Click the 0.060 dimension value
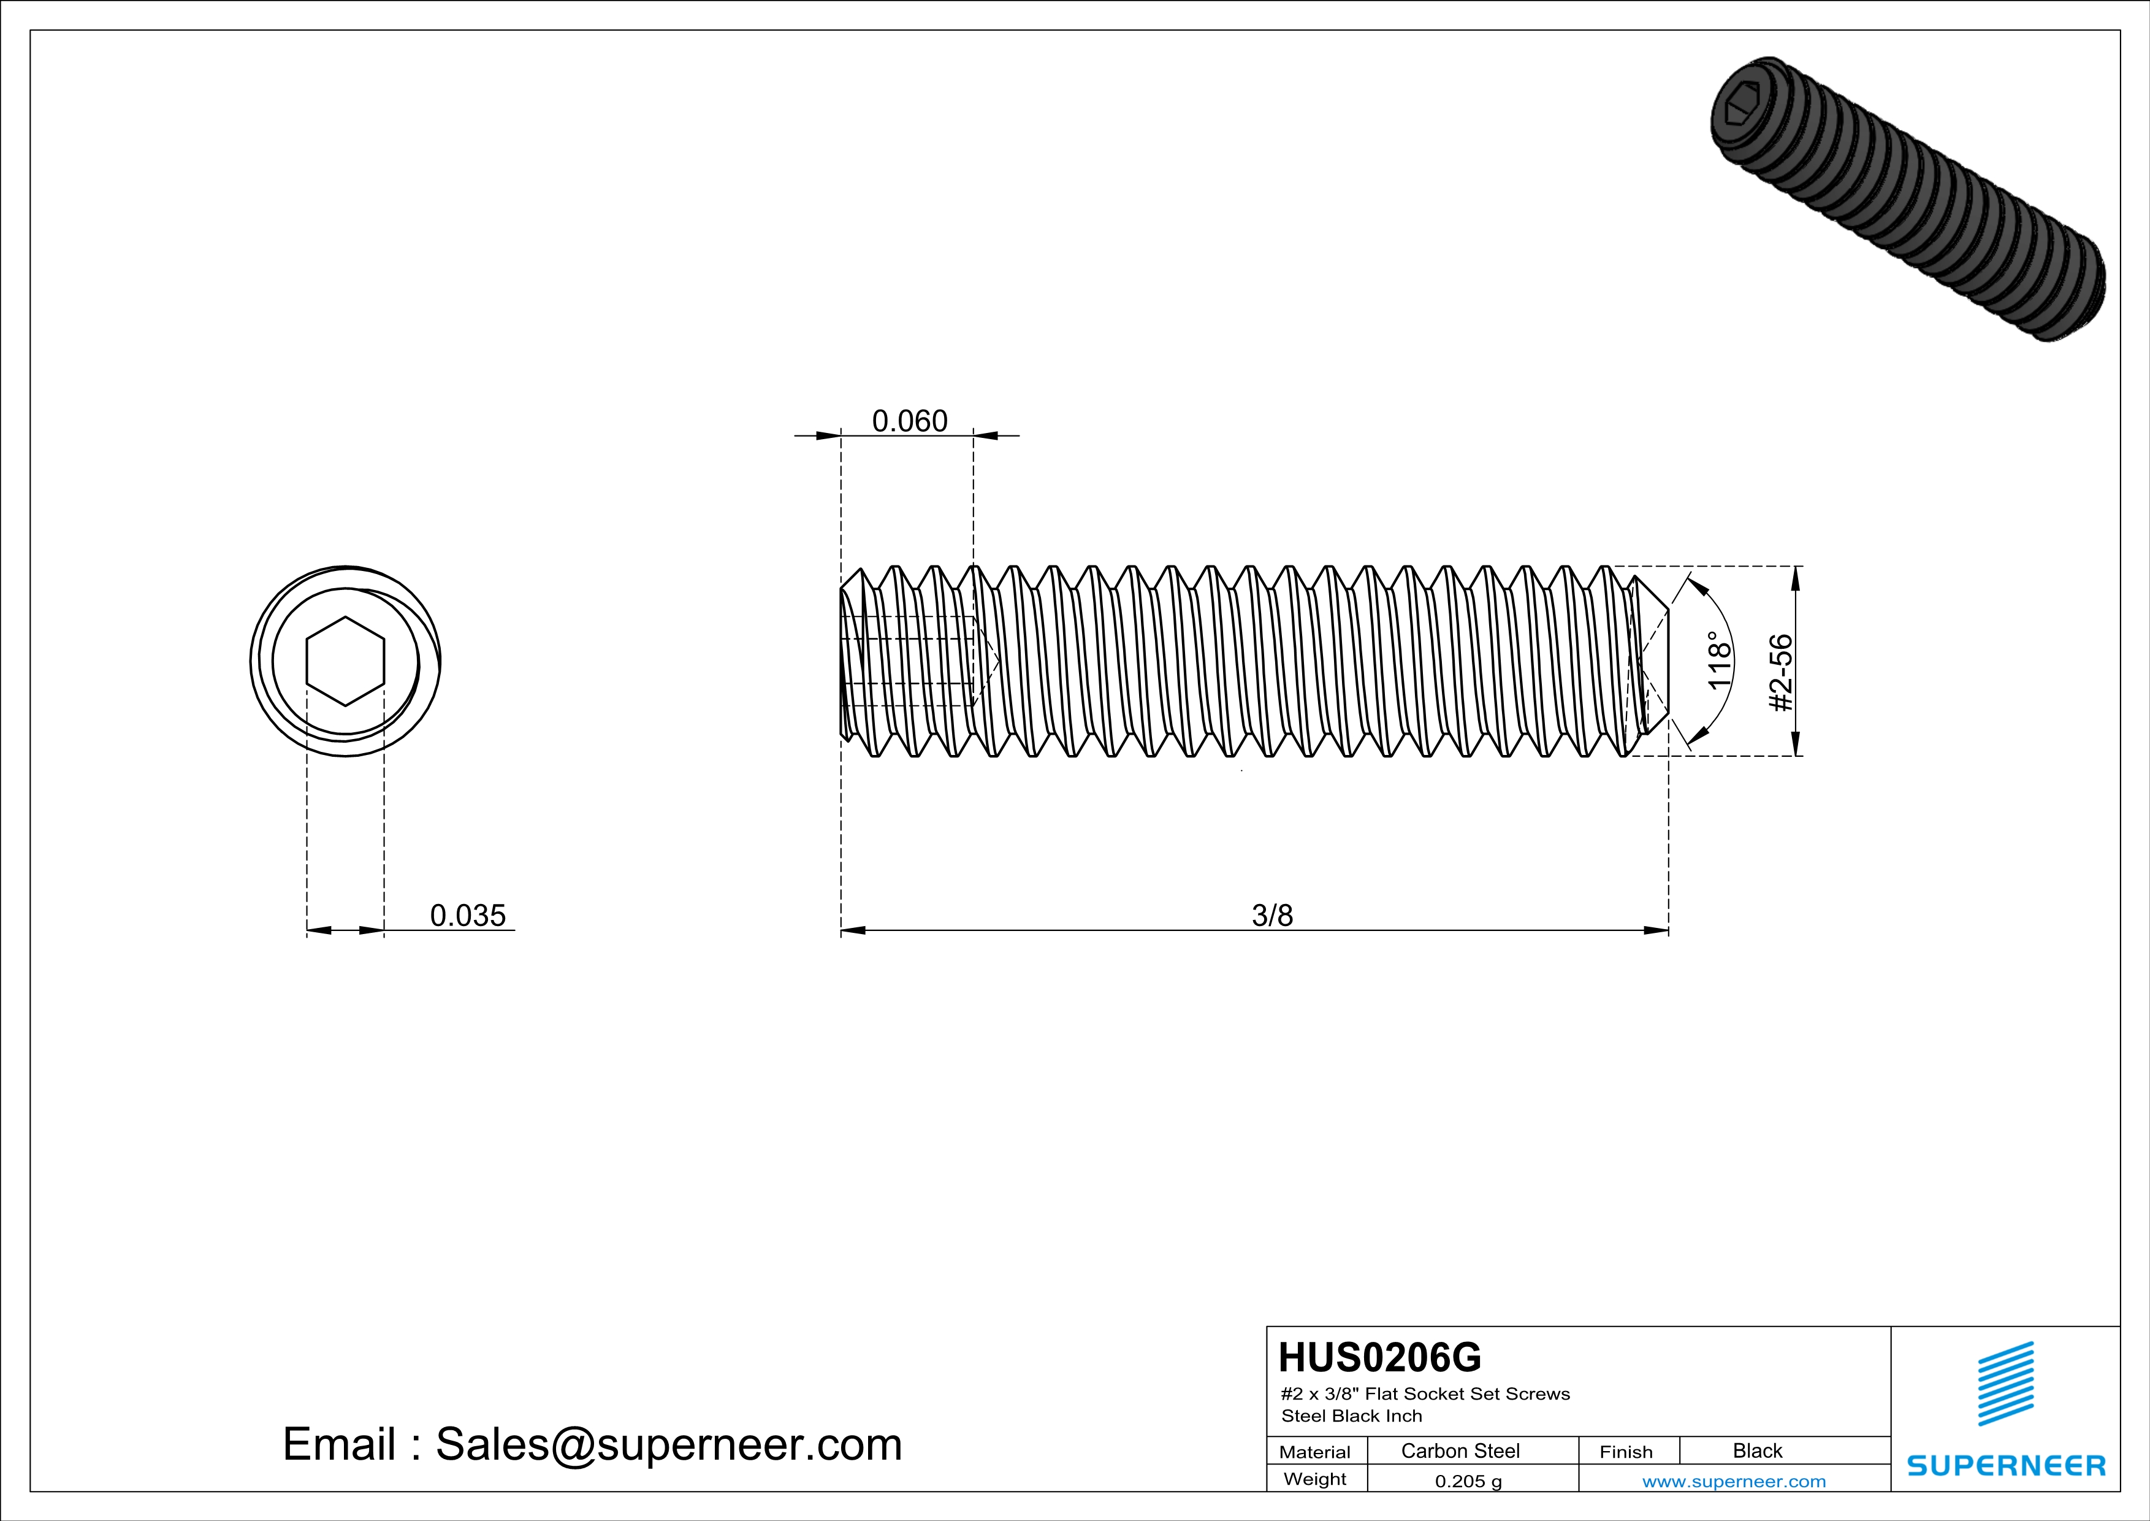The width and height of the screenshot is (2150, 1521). [x=909, y=421]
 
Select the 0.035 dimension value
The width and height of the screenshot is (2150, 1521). [x=467, y=915]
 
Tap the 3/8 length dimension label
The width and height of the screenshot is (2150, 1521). [x=1271, y=915]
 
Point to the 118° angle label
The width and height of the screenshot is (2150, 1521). [x=1719, y=661]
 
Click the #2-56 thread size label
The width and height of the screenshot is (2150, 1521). [x=1781, y=672]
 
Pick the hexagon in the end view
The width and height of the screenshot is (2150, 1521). [x=346, y=661]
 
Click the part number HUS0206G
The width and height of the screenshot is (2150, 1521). [x=1379, y=1357]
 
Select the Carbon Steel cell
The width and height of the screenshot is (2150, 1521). [x=1460, y=1450]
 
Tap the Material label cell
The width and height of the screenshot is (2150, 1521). [x=1315, y=1452]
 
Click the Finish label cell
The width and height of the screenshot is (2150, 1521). [x=1626, y=1452]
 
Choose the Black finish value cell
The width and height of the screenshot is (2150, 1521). [x=1756, y=1450]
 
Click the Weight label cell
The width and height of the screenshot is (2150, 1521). [x=1315, y=1479]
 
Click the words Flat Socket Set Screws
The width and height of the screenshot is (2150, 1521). [x=1467, y=1393]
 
